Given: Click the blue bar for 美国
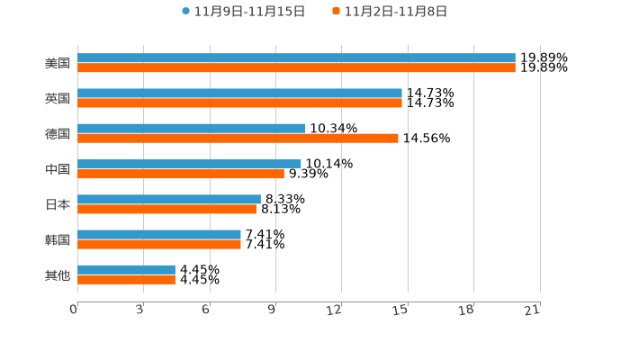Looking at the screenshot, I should click(x=296, y=58).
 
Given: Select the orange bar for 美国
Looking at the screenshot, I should click(x=296, y=67).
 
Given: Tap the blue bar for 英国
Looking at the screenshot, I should click(x=239, y=94).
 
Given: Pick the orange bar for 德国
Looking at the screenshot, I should click(x=238, y=139).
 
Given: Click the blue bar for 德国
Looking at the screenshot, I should click(x=192, y=129).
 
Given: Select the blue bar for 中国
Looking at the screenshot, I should click(x=189, y=165).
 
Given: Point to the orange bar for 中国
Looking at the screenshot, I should click(x=181, y=174).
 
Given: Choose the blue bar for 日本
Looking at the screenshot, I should click(x=169, y=200).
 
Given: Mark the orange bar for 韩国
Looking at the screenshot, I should click(x=159, y=244).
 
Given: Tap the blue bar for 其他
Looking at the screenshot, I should click(x=126, y=270).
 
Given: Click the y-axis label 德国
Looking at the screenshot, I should click(x=58, y=134).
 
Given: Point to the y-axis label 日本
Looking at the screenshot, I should click(x=58, y=204).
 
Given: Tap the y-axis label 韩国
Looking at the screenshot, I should click(x=58, y=239).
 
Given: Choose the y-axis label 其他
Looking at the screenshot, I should click(x=58, y=274).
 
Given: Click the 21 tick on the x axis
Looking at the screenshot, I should click(x=532, y=310).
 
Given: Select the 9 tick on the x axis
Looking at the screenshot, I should click(x=271, y=310).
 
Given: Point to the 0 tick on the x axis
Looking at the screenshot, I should click(x=74, y=310).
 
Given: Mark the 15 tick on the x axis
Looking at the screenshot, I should click(x=400, y=310).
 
